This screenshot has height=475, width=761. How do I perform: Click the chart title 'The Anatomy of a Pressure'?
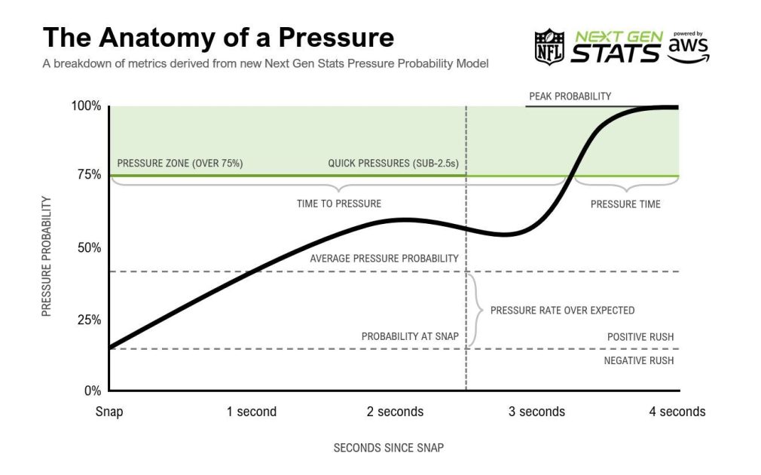point(219,38)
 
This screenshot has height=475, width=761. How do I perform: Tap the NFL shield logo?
point(549,46)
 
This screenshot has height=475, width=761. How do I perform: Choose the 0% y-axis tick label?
point(91,391)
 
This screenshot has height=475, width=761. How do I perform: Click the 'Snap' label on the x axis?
point(109,412)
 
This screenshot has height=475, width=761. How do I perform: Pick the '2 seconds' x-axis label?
point(395,412)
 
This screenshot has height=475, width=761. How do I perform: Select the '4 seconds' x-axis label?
point(677,412)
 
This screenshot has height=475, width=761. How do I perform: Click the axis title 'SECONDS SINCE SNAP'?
point(388,448)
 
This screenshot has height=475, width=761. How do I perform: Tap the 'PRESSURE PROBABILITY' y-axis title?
point(47,256)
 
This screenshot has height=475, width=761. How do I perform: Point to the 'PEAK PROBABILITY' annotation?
point(570,97)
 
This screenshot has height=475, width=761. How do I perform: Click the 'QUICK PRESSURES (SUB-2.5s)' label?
point(393,163)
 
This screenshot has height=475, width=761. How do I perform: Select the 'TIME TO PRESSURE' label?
point(339,204)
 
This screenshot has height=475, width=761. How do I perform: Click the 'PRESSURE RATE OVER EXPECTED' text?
point(562,310)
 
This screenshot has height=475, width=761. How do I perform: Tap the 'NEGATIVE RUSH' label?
point(638,360)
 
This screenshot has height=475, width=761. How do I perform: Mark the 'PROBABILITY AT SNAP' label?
point(410,336)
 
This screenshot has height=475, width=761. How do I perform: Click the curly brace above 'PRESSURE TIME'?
point(626,185)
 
